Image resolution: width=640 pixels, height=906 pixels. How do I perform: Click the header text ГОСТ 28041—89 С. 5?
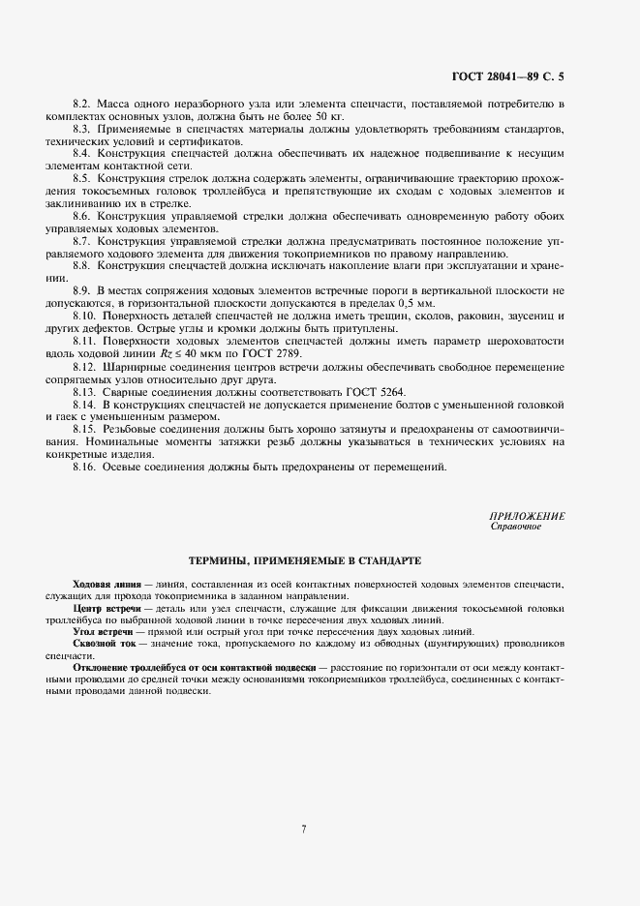coord(507,75)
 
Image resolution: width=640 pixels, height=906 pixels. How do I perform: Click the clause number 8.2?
coord(82,103)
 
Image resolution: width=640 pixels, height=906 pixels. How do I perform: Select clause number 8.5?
coord(82,179)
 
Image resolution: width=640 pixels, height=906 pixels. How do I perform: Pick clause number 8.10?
coord(85,317)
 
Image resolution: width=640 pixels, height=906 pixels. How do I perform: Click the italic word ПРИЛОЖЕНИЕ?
coord(528,517)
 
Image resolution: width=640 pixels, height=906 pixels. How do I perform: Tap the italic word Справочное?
coord(516,527)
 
